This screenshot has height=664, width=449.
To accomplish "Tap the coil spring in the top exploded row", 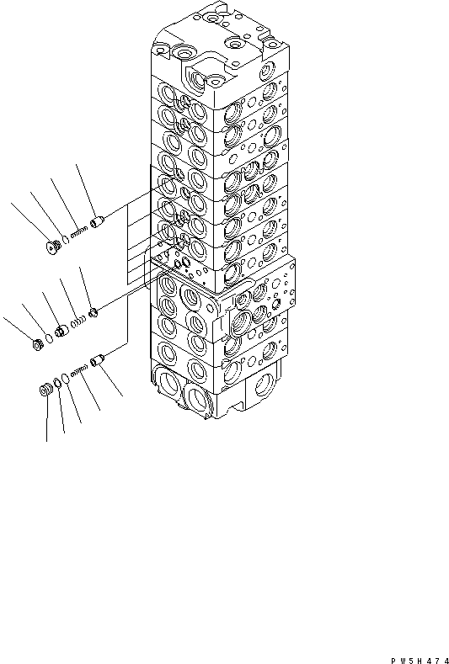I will pyautogui.click(x=81, y=232).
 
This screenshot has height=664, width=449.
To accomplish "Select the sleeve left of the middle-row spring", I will pyautogui.click(x=60, y=329).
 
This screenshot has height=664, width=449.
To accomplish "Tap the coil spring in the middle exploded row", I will pyautogui.click(x=78, y=321).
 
